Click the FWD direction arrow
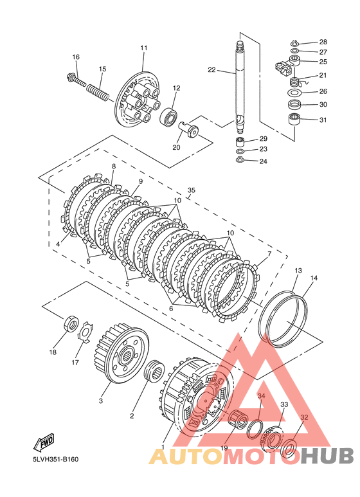44,442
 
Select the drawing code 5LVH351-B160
55,459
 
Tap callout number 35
192,190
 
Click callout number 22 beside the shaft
212,69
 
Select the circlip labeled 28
294,43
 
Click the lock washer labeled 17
85,332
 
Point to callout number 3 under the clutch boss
101,401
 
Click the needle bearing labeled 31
294,119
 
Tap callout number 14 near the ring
314,278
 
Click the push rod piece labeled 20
188,129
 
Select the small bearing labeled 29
242,140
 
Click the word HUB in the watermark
327,456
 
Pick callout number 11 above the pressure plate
144,48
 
